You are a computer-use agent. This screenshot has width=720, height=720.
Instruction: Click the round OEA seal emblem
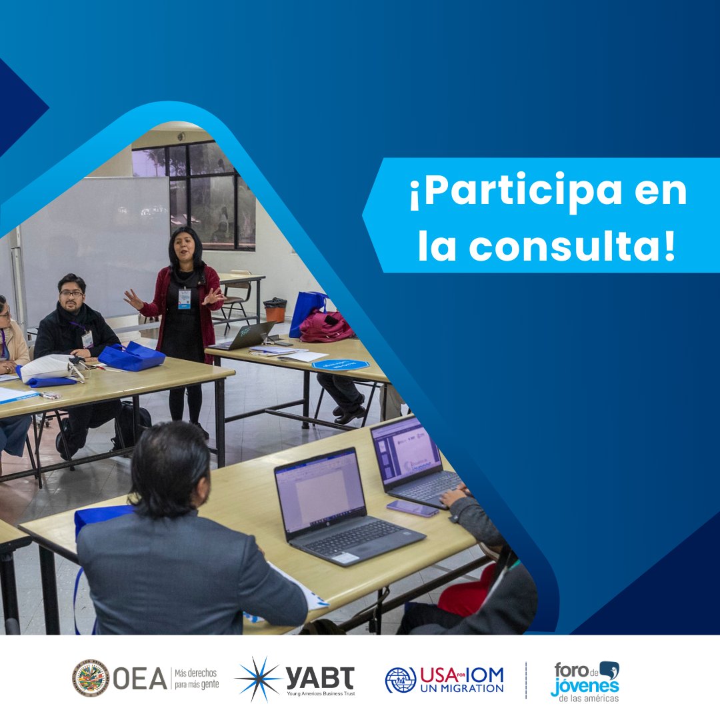pyautogui.click(x=90, y=678)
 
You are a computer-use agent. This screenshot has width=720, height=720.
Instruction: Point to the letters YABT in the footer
pyautogui.click(x=320, y=677)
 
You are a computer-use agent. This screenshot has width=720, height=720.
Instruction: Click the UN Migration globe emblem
pyautogui.click(x=400, y=679)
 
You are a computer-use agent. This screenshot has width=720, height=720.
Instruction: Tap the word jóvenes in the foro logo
pyautogui.click(x=585, y=687)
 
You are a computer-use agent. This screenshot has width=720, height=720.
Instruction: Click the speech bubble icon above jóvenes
pyautogui.click(x=609, y=669)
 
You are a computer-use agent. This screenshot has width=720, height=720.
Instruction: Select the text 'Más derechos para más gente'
pyautogui.click(x=196, y=678)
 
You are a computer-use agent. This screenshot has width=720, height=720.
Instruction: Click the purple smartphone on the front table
pyautogui.click(x=413, y=508)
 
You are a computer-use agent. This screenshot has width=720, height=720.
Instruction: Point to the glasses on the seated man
pyautogui.click(x=71, y=293)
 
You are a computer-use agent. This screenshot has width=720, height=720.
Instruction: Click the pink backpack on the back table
pyautogui.click(x=325, y=327)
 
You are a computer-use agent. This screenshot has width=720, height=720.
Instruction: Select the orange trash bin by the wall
pyautogui.click(x=275, y=311)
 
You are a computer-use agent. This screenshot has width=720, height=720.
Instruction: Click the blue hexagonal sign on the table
pyautogui.click(x=341, y=365)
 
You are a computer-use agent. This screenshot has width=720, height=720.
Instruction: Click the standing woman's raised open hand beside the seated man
pyautogui.click(x=133, y=299)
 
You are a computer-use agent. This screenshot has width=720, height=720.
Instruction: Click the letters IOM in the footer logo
pyautogui.click(x=483, y=674)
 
